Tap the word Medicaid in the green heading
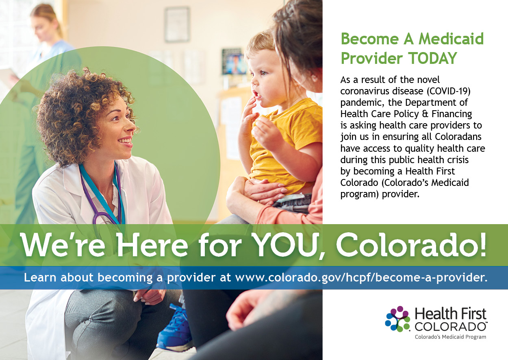click(451, 39)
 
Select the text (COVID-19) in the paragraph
click(449, 91)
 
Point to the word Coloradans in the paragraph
click(458, 137)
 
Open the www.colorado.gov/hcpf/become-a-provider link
click(361, 277)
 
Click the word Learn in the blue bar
click(40, 277)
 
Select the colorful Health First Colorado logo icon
click(398, 319)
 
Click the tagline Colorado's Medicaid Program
click(450, 337)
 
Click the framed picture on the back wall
click(177, 24)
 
